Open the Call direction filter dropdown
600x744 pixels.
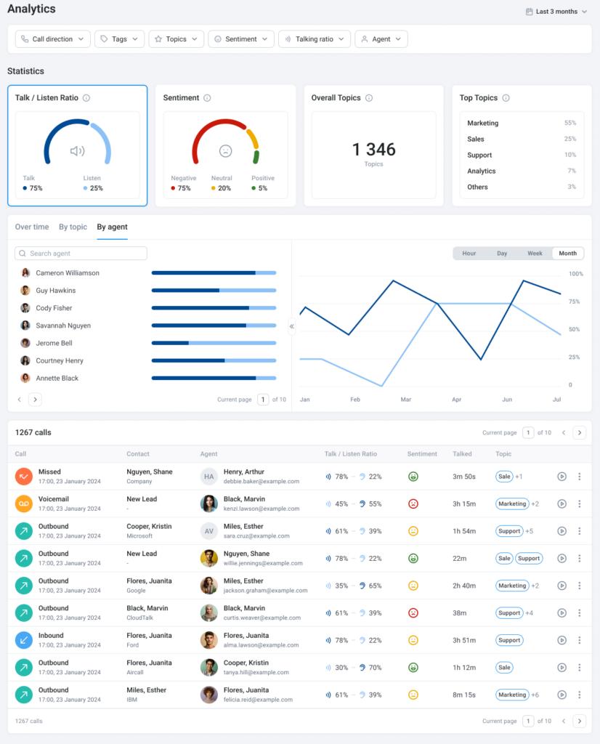pyautogui.click(x=53, y=39)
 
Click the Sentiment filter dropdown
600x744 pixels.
pyautogui.click(x=241, y=39)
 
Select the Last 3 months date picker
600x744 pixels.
pyautogui.click(x=556, y=12)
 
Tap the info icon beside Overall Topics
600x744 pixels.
pyautogui.click(x=369, y=98)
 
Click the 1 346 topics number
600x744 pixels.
pyautogui.click(x=373, y=150)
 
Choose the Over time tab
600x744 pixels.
pyautogui.click(x=32, y=227)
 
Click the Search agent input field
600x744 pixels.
pyautogui.click(x=81, y=254)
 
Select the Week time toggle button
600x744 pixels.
pyautogui.click(x=535, y=254)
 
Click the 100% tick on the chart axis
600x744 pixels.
pyautogui.click(x=575, y=274)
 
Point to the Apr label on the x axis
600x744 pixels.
pyautogui.click(x=456, y=400)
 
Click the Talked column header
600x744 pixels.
pyautogui.click(x=462, y=454)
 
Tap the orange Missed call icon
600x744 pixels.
pyautogui.click(x=24, y=477)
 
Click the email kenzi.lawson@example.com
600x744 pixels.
pyautogui.click(x=261, y=509)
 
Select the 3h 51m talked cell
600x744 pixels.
pyautogui.click(x=463, y=640)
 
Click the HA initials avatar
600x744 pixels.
pyautogui.click(x=209, y=477)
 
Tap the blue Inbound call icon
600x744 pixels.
pyautogui.click(x=24, y=640)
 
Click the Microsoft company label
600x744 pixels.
pyautogui.click(x=139, y=536)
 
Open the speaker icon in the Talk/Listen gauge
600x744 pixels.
pyautogui.click(x=77, y=151)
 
